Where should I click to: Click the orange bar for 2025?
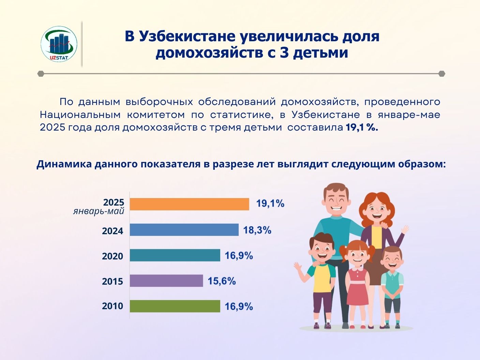pos(190,204)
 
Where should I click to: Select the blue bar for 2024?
pos(184,229)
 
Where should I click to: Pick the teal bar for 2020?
pos(175,255)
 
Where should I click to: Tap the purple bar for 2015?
pos(166,281)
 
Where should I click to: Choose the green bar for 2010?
pos(175,306)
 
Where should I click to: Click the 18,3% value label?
pos(257,230)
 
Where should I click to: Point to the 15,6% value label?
pos(222,281)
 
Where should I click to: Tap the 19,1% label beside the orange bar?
pos(270,204)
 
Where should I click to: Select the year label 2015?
pos(112,282)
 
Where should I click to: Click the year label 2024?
pos(112,231)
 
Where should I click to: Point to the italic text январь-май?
pos(99,211)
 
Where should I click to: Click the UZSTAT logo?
pos(59,44)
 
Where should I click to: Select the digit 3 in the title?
pos(284,53)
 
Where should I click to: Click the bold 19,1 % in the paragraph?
pos(362,127)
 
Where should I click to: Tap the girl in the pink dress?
pos(357,284)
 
